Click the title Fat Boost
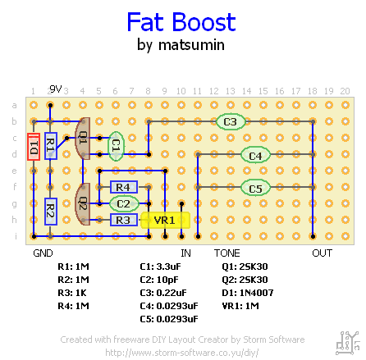click(x=181, y=22)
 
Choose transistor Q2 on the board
click(x=82, y=203)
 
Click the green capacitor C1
click(x=117, y=146)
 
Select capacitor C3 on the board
click(x=231, y=122)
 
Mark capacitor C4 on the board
click(x=255, y=154)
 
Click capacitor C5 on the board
click(x=255, y=188)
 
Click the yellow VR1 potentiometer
click(x=165, y=220)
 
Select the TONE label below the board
click(x=227, y=253)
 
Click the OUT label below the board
click(x=322, y=253)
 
